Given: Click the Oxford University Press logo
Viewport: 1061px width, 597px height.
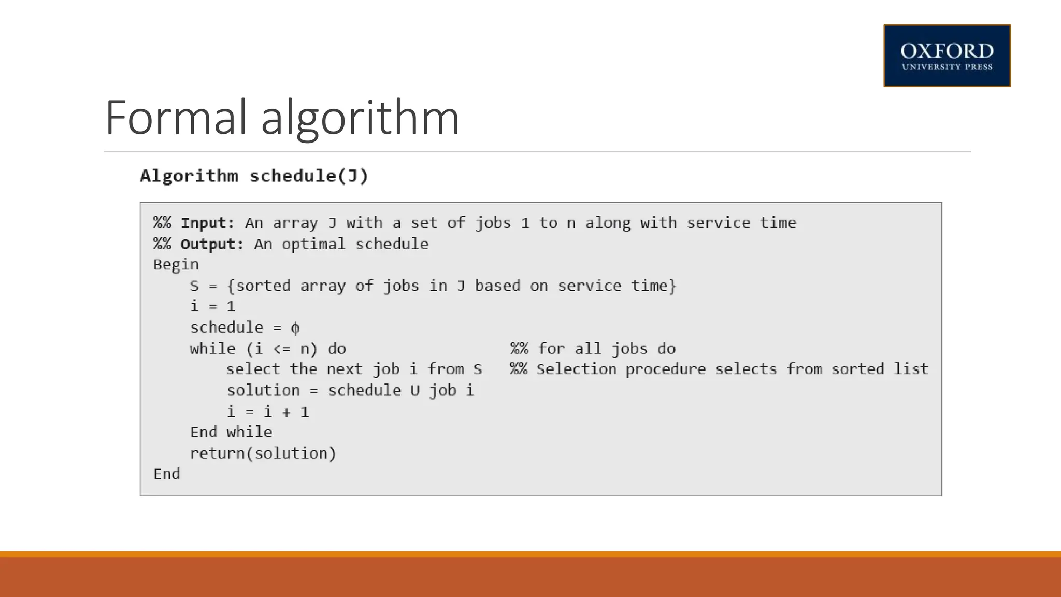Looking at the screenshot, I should (x=947, y=55).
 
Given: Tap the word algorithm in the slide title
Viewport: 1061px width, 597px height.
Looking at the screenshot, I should (x=360, y=119).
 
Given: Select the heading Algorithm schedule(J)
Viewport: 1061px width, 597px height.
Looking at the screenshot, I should (x=254, y=176).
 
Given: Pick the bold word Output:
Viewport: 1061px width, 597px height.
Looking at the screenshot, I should (x=212, y=244).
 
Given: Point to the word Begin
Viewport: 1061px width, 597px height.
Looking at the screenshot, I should (x=176, y=265).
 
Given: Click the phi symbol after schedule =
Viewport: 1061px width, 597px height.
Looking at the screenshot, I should (x=295, y=328).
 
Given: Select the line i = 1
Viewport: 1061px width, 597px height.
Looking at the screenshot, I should (x=213, y=306).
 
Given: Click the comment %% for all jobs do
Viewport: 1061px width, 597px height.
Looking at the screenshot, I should (x=593, y=348).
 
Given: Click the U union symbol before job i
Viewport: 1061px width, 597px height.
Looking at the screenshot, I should (x=415, y=390).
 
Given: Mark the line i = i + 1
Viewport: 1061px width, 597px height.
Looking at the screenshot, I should (x=268, y=411).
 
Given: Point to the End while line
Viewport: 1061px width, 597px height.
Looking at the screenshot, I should (x=231, y=432).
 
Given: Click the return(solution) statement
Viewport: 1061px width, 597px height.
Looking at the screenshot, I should (x=263, y=453).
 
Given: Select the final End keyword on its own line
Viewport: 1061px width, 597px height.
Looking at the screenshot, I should (x=167, y=474).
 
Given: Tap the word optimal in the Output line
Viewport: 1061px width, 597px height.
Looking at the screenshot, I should (x=313, y=244).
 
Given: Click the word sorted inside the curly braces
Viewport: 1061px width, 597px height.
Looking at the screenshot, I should (x=263, y=286).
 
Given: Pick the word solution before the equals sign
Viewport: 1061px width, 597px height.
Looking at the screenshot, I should (x=263, y=390).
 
